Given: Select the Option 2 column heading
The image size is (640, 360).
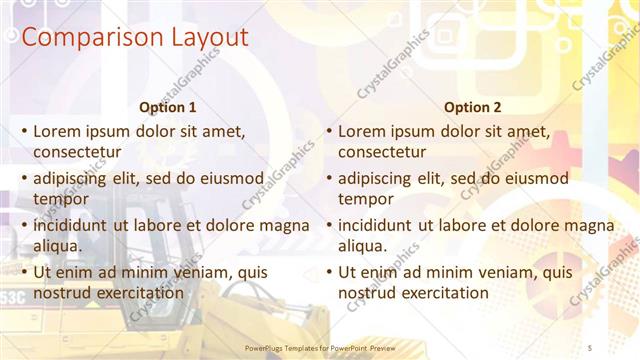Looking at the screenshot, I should [473, 107].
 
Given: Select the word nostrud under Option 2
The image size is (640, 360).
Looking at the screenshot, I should [366, 292].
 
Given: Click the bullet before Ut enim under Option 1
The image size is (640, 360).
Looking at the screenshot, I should [22, 272].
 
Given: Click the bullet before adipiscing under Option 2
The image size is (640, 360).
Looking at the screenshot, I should [328, 178].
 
